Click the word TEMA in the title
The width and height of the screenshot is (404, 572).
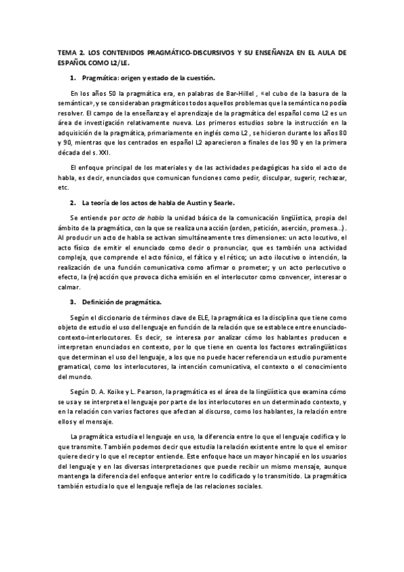67,51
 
